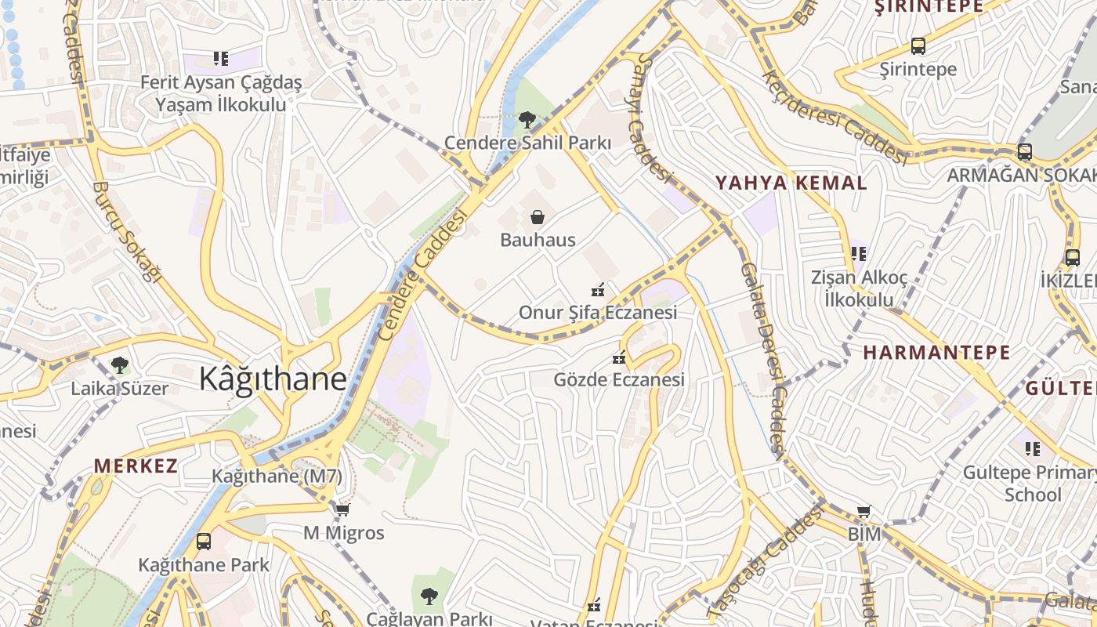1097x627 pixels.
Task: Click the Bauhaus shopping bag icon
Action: point(538,217)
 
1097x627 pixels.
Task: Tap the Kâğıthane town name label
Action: point(273,379)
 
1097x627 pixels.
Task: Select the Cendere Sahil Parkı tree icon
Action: point(527,120)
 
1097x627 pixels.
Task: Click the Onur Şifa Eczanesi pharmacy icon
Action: point(599,290)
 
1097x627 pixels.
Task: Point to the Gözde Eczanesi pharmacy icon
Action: point(619,358)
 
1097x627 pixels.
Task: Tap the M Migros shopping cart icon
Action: point(342,511)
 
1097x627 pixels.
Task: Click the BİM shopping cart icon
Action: point(863,512)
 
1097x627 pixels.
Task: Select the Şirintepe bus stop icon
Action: point(918,46)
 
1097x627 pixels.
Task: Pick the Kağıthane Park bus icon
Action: point(203,541)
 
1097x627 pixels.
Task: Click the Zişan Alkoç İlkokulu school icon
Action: point(859,254)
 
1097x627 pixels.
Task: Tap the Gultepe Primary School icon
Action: point(1033,449)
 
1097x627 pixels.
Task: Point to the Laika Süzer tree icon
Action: point(120,364)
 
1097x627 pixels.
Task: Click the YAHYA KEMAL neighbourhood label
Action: point(791,183)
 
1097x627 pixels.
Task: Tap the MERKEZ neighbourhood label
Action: point(136,466)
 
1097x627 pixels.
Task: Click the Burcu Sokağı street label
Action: point(126,231)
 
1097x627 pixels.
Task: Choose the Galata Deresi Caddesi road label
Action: point(762,360)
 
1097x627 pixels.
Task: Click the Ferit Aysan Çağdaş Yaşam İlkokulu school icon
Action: point(220,59)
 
